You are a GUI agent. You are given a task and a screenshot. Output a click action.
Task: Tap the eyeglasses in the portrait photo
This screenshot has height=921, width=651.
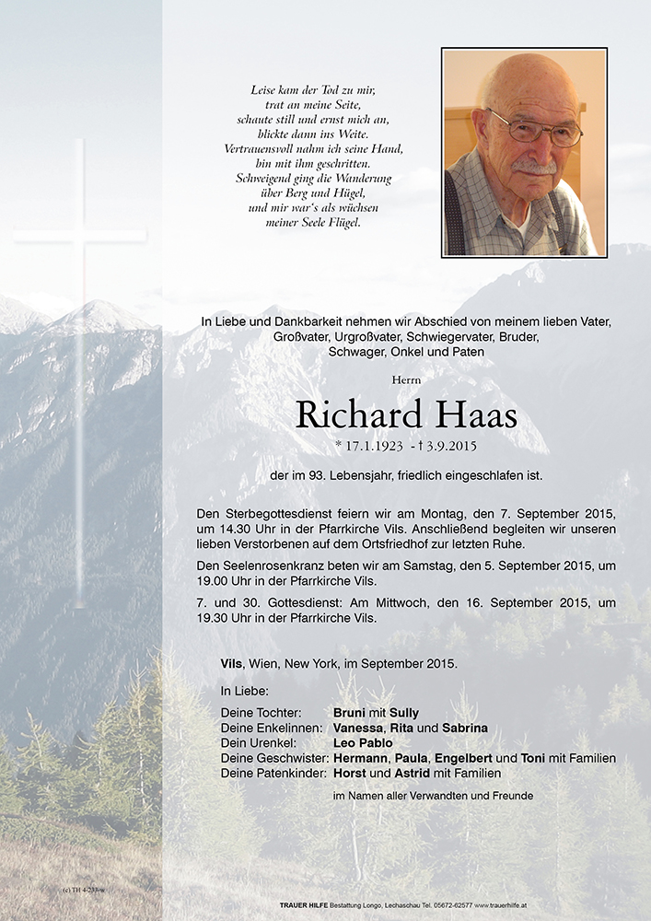click(x=534, y=130)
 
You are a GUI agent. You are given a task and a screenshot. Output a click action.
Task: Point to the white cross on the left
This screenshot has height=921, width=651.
click(x=80, y=276)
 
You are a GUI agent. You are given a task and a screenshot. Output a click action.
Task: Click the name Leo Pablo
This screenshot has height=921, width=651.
click(x=363, y=742)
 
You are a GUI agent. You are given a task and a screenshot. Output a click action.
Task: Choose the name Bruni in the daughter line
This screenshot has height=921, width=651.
click(x=350, y=713)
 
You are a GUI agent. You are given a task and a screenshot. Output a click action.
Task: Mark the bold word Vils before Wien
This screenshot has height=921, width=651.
click(x=231, y=663)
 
